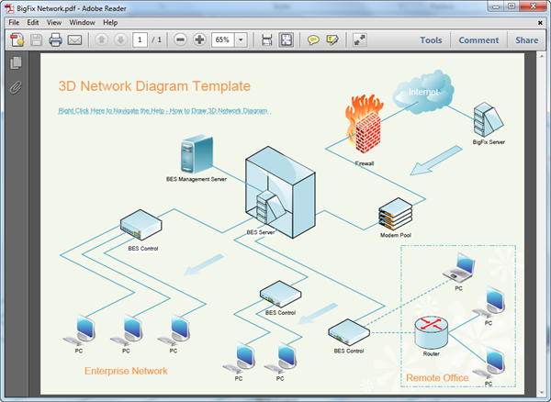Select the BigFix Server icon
click(487, 119)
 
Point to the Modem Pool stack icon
click(395, 214)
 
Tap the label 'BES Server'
click(261, 232)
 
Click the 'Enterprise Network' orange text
click(126, 371)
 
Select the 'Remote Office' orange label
click(437, 377)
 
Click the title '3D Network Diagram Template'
click(154, 86)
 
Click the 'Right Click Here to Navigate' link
click(163, 110)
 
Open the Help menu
click(110, 22)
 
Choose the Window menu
click(82, 22)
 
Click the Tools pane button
click(431, 40)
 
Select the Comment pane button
click(478, 40)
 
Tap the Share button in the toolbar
click(526, 40)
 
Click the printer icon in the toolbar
click(55, 40)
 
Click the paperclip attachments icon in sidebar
click(15, 88)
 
